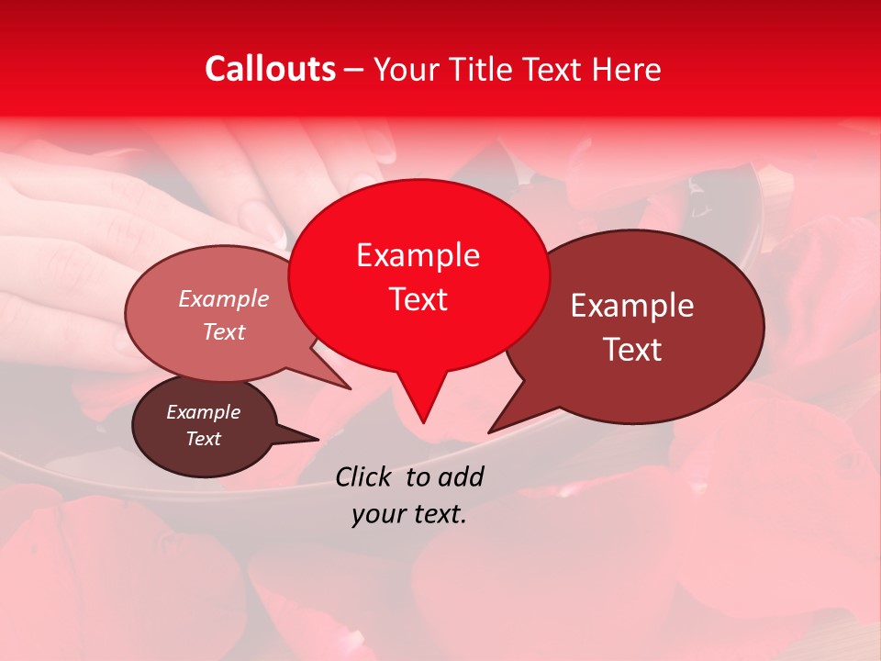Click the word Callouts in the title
(270, 69)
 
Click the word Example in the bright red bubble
(418, 255)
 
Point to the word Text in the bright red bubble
(418, 299)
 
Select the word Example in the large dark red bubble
(632, 306)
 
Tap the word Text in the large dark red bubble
(632, 350)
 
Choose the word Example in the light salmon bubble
(223, 298)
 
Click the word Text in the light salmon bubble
(223, 331)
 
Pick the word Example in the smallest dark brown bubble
(203, 412)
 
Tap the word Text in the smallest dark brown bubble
(203, 439)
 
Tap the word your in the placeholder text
(376, 515)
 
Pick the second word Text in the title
(551, 69)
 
